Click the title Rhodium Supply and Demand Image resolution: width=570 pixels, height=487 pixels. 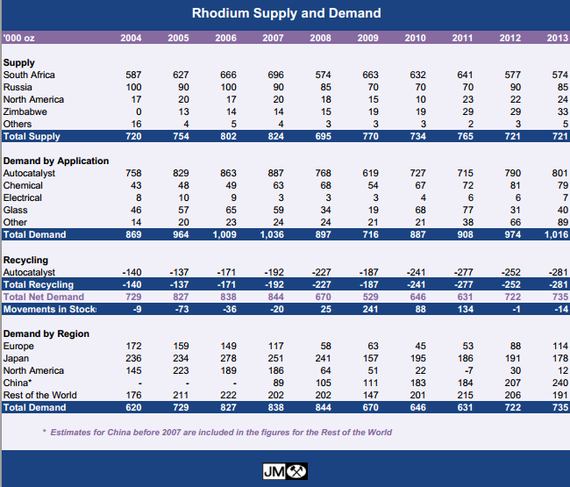pos(286,13)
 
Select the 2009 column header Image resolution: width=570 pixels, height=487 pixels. pos(368,39)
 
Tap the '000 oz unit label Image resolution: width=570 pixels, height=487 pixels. pos(19,39)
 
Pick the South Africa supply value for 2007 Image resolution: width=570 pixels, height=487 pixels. pos(275,75)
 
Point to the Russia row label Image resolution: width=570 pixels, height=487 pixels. pos(19,88)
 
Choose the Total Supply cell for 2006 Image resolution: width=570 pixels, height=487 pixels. pos(227,138)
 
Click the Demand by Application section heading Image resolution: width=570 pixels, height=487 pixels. pos(56,161)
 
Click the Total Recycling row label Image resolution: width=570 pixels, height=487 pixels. pos(39,285)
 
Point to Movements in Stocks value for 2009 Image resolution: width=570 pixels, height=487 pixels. pos(368,310)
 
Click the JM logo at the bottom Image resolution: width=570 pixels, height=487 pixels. pos(285,471)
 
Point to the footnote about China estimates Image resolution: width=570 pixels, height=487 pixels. pos(217,432)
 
